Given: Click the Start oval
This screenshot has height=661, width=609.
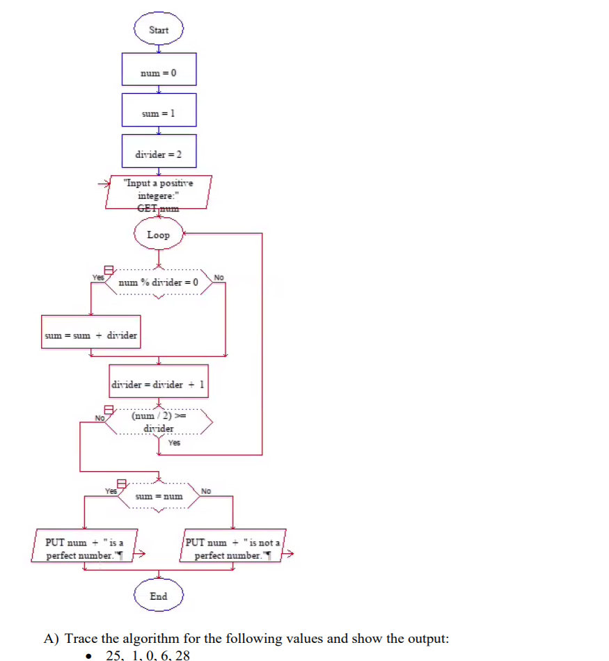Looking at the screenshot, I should [159, 30].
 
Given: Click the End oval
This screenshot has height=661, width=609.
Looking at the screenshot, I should [159, 596].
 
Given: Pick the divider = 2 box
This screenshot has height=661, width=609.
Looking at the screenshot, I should [159, 153].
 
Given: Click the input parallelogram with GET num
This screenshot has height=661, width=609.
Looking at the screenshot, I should [159, 192].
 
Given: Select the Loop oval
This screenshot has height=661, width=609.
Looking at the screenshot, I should [159, 234].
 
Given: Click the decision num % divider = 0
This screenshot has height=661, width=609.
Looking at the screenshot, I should [159, 282].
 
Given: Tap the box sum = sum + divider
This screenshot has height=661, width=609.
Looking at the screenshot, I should [90, 335].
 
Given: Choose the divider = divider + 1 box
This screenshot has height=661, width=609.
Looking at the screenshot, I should [159, 383].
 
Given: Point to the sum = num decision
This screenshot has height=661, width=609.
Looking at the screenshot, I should [159, 496].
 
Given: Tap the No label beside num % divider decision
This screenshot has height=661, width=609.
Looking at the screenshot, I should [219, 278].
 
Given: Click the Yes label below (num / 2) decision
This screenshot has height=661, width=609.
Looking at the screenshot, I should [174, 443].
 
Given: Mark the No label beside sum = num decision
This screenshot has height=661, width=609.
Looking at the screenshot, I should [205, 492].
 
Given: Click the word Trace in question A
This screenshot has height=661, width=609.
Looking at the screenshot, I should [83, 639].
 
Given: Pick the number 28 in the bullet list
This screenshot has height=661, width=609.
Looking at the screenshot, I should [182, 655].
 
